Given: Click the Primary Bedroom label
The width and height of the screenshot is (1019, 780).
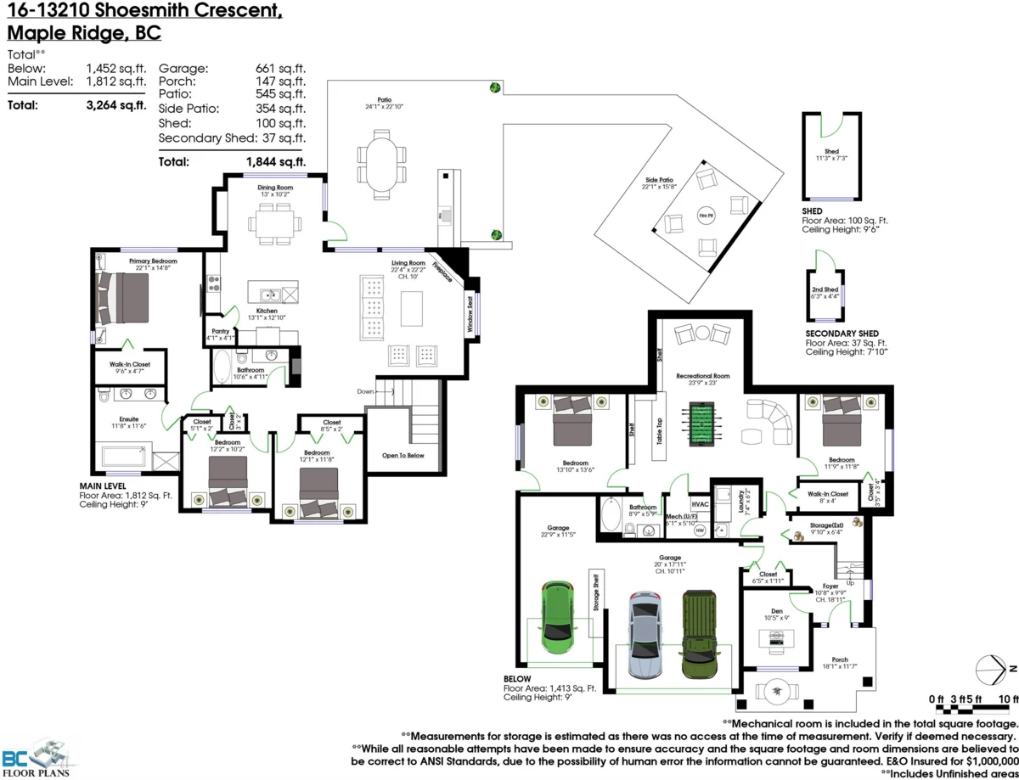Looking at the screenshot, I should pos(153,261).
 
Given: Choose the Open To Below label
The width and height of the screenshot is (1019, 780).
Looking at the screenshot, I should pos(403,455).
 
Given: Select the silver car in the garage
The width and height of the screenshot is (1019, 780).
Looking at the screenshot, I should pos(645,634).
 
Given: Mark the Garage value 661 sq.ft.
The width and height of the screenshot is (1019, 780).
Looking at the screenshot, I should pos(280,68).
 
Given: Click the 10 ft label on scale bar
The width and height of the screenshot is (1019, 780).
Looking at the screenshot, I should pos(1009,699).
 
